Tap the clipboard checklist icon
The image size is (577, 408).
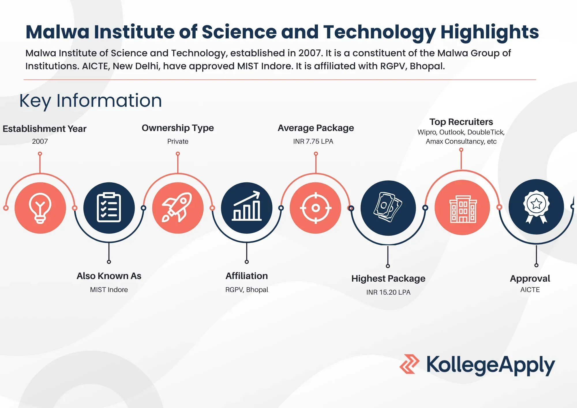pos(109,207)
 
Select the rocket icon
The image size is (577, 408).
pos(178,207)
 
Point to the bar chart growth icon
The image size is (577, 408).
pos(247,206)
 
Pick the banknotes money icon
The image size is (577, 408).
pos(388,207)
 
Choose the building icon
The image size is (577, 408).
pos(463,209)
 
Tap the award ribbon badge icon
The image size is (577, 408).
pos(536,207)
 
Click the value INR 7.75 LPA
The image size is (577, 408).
pos(313,141)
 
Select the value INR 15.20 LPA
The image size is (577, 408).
pos(388,292)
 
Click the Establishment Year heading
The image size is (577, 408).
pos(44,129)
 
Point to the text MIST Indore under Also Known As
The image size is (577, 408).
pos(109,290)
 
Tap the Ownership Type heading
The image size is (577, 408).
pos(178,128)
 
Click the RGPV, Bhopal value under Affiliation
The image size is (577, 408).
pos(247,290)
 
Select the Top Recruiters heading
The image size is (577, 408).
pos(461,122)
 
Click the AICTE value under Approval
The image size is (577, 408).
pos(530,290)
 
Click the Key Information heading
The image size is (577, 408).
pos(91,101)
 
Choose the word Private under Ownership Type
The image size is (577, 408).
pos(178,141)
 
